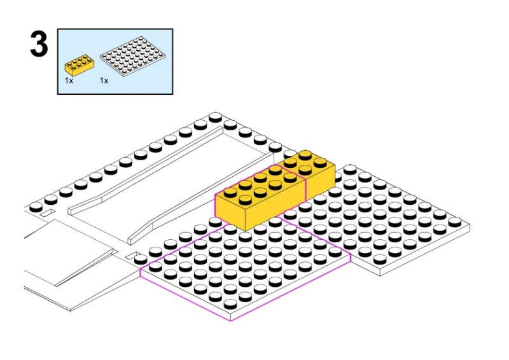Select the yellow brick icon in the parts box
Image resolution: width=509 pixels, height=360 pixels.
click(80, 64)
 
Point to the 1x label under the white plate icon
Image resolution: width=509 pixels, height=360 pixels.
click(104, 81)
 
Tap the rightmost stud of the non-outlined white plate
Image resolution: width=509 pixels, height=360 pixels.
click(456, 221)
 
